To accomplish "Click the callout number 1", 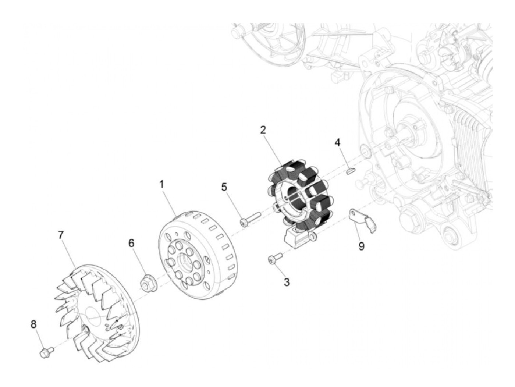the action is (161, 184).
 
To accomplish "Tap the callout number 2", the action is (263, 129).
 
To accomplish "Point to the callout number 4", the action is (337, 142).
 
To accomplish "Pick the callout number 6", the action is (131, 243).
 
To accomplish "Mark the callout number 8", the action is (33, 324).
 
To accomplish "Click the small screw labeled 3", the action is (274, 258).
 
